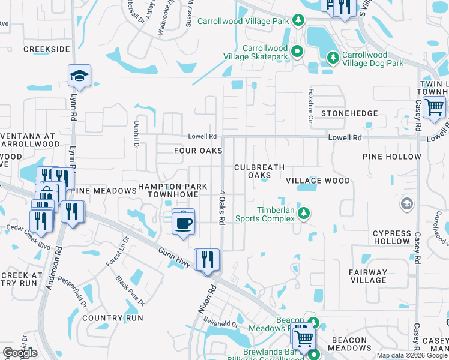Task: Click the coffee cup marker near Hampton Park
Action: click(184, 222)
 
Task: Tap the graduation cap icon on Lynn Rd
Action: click(79, 77)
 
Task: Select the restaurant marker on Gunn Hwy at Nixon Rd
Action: click(207, 260)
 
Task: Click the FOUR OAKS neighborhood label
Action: click(198, 151)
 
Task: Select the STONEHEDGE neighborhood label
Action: click(349, 113)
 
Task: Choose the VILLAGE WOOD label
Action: click(318, 181)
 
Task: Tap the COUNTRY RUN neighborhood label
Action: click(113, 317)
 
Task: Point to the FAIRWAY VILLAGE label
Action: click(369, 276)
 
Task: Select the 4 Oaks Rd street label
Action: click(221, 207)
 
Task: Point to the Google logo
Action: click(20, 353)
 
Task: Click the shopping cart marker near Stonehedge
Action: click(434, 108)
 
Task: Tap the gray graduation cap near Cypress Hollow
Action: click(407, 205)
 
